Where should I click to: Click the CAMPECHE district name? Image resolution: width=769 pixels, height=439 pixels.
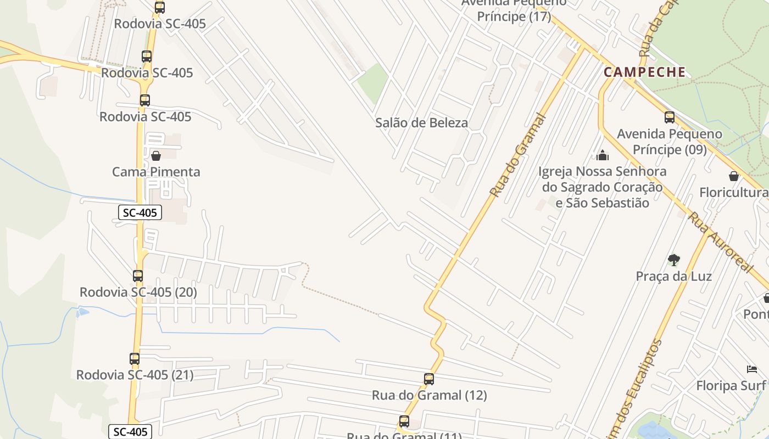644,72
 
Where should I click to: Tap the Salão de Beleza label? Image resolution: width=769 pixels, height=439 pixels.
421,123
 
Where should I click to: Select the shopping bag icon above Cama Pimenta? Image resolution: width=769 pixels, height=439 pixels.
155,156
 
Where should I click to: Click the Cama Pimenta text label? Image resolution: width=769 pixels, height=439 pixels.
156,172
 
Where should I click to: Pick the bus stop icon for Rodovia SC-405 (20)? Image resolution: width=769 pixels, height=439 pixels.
138,276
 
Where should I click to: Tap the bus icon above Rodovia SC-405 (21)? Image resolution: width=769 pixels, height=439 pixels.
135,359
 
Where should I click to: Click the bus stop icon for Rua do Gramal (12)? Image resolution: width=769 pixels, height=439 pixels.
429,379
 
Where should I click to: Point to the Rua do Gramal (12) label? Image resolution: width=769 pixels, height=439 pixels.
429,395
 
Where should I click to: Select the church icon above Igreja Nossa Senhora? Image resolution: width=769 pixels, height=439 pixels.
603,155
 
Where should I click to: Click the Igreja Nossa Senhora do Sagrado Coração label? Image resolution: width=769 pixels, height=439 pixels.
602,187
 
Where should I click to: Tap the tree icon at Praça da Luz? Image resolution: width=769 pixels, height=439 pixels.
673,260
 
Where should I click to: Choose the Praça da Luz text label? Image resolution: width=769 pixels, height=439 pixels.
673,276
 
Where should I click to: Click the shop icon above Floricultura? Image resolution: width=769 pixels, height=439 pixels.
733,176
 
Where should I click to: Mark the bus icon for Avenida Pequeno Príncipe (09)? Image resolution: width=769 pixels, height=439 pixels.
669,117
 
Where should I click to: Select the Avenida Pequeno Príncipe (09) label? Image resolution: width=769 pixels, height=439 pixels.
669,142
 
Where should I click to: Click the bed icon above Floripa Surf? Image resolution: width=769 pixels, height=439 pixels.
751,369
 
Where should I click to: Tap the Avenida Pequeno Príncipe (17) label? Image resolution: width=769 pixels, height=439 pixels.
514,10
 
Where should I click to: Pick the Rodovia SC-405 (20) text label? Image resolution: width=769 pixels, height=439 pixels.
138,292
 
